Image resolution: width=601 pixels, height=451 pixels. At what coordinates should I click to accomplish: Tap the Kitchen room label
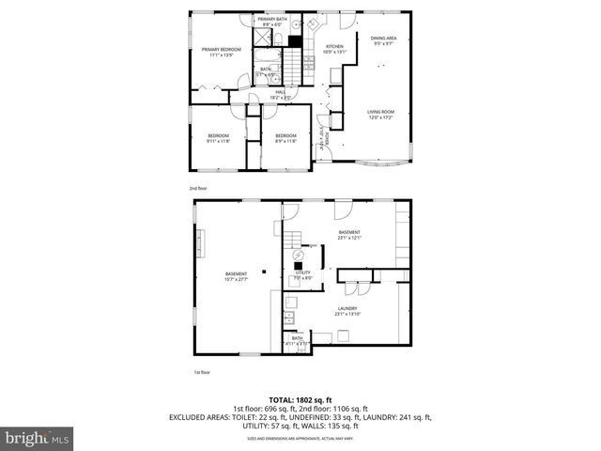pos(334,49)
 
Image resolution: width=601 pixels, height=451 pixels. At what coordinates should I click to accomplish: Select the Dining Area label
pos(382,40)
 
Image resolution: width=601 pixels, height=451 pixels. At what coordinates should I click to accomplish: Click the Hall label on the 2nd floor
pos(281,94)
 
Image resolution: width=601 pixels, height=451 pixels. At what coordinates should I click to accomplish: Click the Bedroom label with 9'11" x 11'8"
pos(218,138)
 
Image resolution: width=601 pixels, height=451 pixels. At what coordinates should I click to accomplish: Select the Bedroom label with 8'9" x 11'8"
pos(285,138)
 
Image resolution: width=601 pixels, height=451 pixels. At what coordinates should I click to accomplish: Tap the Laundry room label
pos(347,311)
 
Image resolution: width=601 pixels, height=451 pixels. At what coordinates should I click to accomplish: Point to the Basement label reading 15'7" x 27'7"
pos(236,276)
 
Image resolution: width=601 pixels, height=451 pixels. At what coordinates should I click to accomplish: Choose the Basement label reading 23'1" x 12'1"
pos(350,235)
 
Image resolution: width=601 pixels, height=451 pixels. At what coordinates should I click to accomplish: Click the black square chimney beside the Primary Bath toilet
pos(295,41)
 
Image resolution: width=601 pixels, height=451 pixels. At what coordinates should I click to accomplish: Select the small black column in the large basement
pos(265,272)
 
